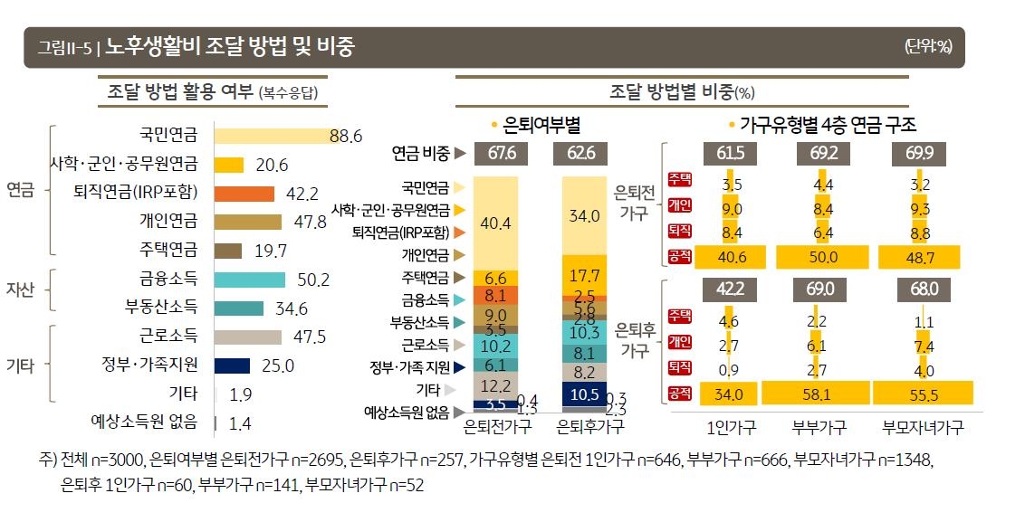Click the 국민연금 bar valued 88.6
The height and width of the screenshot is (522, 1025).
pos(272,136)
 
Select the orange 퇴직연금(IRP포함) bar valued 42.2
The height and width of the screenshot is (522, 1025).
pos(244,193)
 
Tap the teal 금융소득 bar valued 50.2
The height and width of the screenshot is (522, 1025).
pos(249,280)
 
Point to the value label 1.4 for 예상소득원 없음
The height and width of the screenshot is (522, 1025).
pos(240,422)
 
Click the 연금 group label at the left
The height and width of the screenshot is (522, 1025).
pos(20,193)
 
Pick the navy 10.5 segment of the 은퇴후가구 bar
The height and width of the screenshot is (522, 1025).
pos(584,394)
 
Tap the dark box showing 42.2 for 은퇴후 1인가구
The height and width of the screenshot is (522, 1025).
pos(731,290)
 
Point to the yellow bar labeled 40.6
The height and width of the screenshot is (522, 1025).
pos(731,257)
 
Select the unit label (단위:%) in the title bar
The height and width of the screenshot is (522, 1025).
pos(928,47)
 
